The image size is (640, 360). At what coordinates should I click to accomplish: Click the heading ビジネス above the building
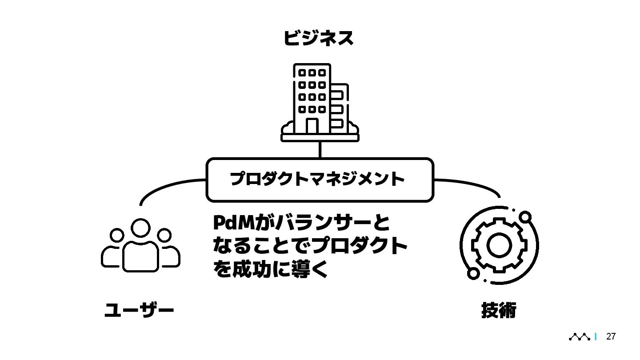[318, 38]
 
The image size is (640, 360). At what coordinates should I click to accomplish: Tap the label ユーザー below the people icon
[139, 310]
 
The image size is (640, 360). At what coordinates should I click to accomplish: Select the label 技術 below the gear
[499, 310]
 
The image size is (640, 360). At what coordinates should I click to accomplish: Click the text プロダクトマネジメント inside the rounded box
[317, 179]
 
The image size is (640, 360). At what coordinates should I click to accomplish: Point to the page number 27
[611, 336]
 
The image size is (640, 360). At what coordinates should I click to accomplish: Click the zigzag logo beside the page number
[580, 337]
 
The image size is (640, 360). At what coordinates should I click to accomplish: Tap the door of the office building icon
[312, 126]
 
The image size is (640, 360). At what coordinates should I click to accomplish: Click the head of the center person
[141, 228]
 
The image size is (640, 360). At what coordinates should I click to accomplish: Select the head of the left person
[117, 235]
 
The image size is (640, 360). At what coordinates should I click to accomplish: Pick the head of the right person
[165, 235]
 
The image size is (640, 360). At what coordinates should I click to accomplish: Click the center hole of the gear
[499, 244]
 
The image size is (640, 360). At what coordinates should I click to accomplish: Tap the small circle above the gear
[525, 217]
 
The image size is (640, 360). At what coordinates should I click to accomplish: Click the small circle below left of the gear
[473, 273]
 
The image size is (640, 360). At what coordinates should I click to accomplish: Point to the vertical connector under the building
[320, 150]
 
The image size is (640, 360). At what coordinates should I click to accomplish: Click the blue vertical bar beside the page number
[596, 337]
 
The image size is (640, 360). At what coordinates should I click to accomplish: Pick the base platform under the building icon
[320, 138]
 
